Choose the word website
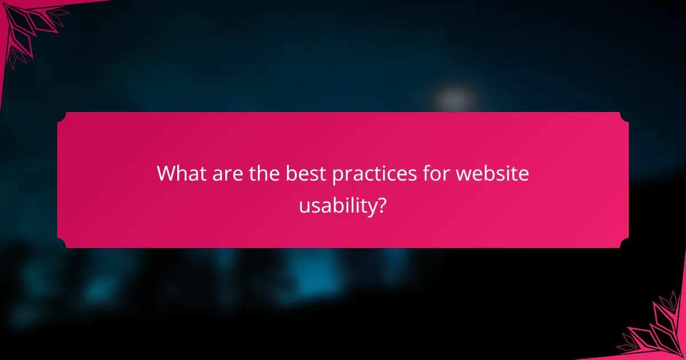[x=492, y=173]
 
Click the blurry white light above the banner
[x=454, y=100]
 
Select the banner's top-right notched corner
[x=624, y=117]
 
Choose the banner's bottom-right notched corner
[x=624, y=243]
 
